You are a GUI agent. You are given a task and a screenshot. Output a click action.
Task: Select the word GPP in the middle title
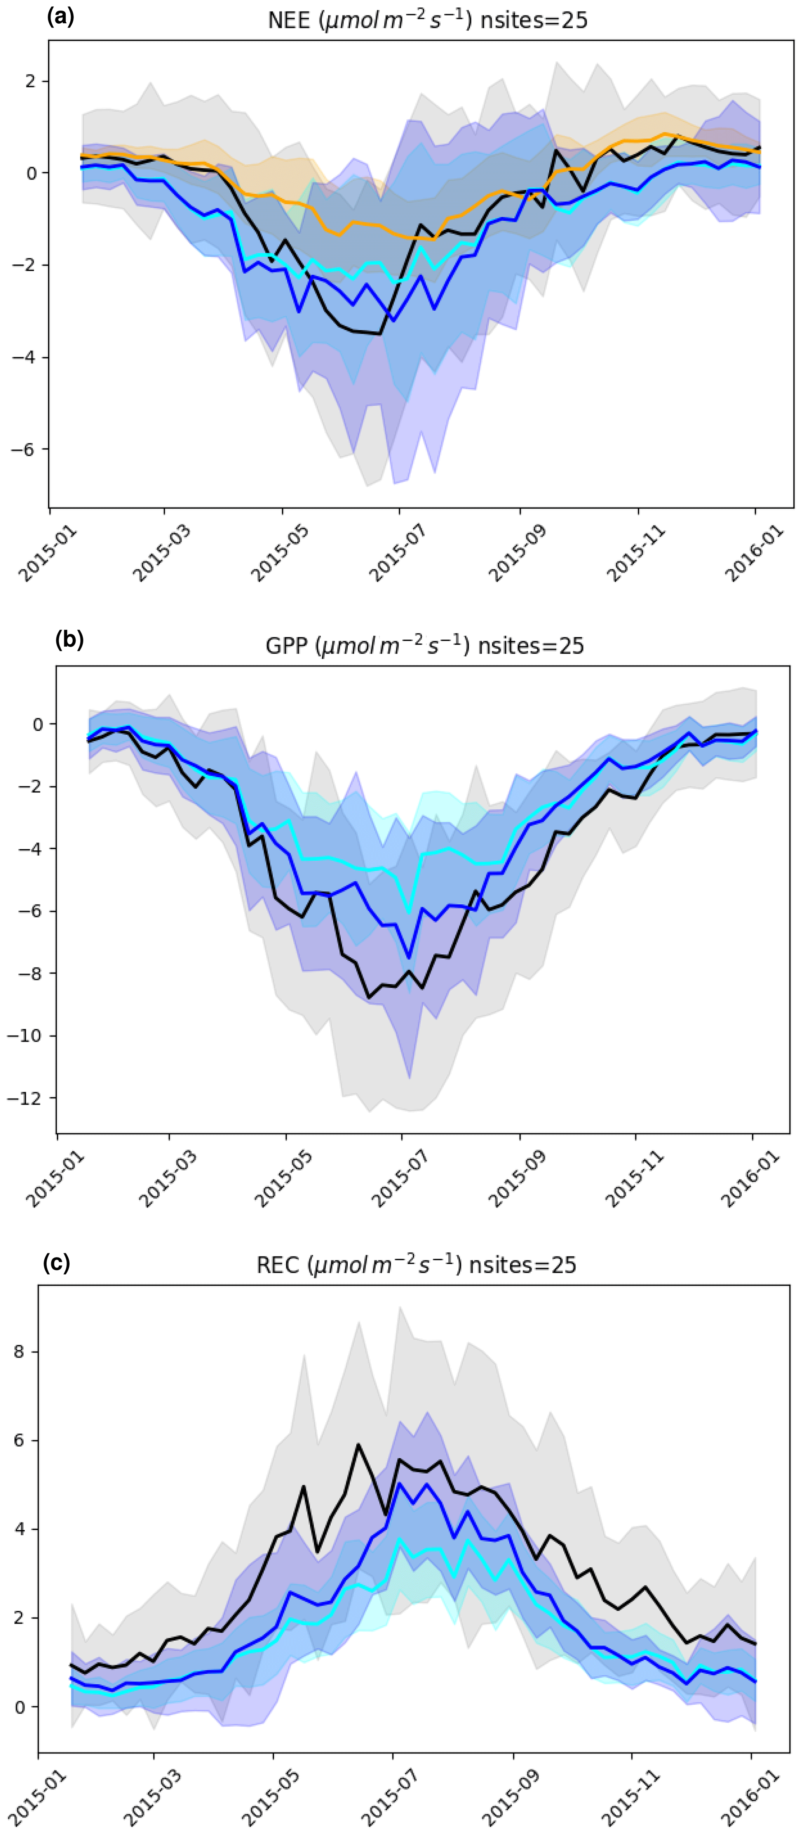click(x=286, y=646)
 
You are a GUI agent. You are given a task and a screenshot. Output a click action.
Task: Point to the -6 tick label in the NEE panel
click(x=24, y=450)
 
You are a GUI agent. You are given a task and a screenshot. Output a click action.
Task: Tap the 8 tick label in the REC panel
click(x=19, y=1351)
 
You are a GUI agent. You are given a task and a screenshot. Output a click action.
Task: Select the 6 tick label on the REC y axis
click(x=19, y=1440)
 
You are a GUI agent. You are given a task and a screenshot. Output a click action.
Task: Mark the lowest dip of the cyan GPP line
click(x=409, y=912)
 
